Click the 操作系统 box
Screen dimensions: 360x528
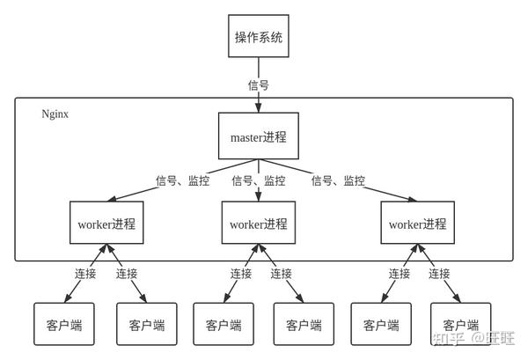pos(259,37)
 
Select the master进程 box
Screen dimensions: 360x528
pos(259,136)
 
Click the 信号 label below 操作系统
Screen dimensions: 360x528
pos(258,85)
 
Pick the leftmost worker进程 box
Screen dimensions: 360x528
pos(106,224)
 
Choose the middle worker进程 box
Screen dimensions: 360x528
pos(259,224)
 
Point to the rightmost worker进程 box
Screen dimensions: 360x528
pos(418,224)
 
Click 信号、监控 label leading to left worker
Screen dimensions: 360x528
pos(183,180)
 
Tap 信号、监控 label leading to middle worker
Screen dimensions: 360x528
pos(259,180)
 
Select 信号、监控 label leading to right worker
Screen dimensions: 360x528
pos(339,180)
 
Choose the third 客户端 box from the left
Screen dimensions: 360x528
pos(224,325)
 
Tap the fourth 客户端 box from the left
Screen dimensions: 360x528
pos(304,325)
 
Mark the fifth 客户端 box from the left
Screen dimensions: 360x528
pos(381,325)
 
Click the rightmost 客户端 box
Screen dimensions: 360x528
pos(461,325)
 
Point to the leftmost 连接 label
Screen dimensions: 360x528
pos(85,274)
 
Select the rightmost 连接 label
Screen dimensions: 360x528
pos(439,274)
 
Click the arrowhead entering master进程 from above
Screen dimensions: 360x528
pos(259,108)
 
